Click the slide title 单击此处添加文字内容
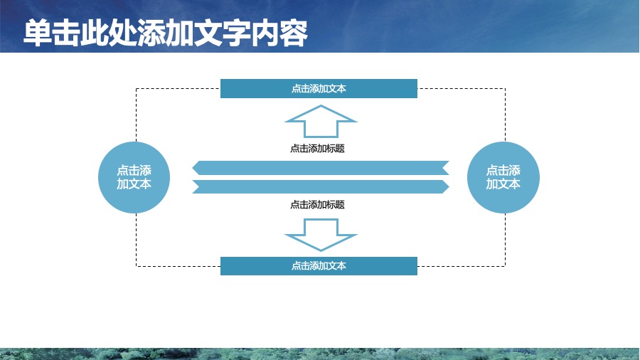point(166,33)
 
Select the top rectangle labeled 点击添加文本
point(319,88)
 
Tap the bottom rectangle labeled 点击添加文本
point(319,266)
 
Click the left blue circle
point(134,178)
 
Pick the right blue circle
point(503,178)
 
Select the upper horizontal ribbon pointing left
point(321,168)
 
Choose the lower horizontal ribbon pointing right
point(321,186)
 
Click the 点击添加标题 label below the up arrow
point(318,149)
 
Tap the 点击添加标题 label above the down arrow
point(318,204)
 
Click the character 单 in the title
point(38,33)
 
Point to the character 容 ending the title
point(294,33)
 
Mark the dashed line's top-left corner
point(137,88)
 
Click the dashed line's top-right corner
point(506,88)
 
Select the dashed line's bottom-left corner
point(137,266)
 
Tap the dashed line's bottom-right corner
point(506,266)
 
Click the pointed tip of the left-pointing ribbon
point(192,168)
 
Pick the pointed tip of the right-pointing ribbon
point(449,186)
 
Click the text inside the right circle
point(503,177)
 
